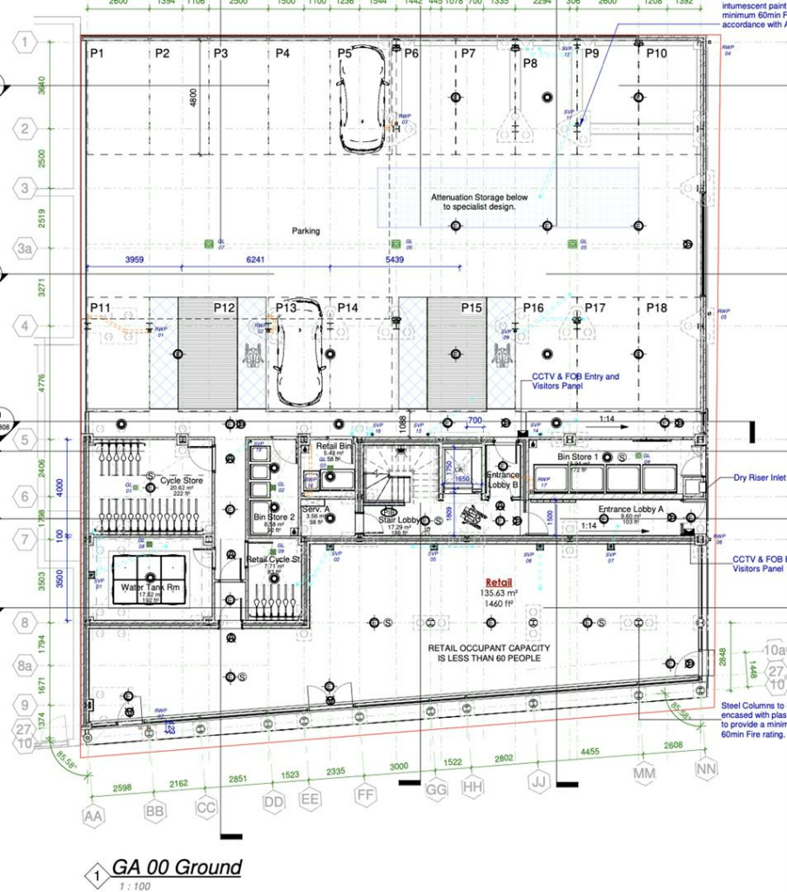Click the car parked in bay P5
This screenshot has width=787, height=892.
[x=362, y=99]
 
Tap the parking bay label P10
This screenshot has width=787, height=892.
[x=656, y=54]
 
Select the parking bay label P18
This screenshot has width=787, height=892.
[x=656, y=308]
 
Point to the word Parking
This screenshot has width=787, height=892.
[x=306, y=231]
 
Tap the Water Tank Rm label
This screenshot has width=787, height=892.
[x=150, y=587]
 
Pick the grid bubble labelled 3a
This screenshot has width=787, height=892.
[x=25, y=249]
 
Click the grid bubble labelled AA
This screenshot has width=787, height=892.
[x=92, y=816]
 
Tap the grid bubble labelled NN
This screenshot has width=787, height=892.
[x=706, y=768]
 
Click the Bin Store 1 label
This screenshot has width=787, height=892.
[x=578, y=456]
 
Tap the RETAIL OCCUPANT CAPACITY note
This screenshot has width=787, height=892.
[x=484, y=653]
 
